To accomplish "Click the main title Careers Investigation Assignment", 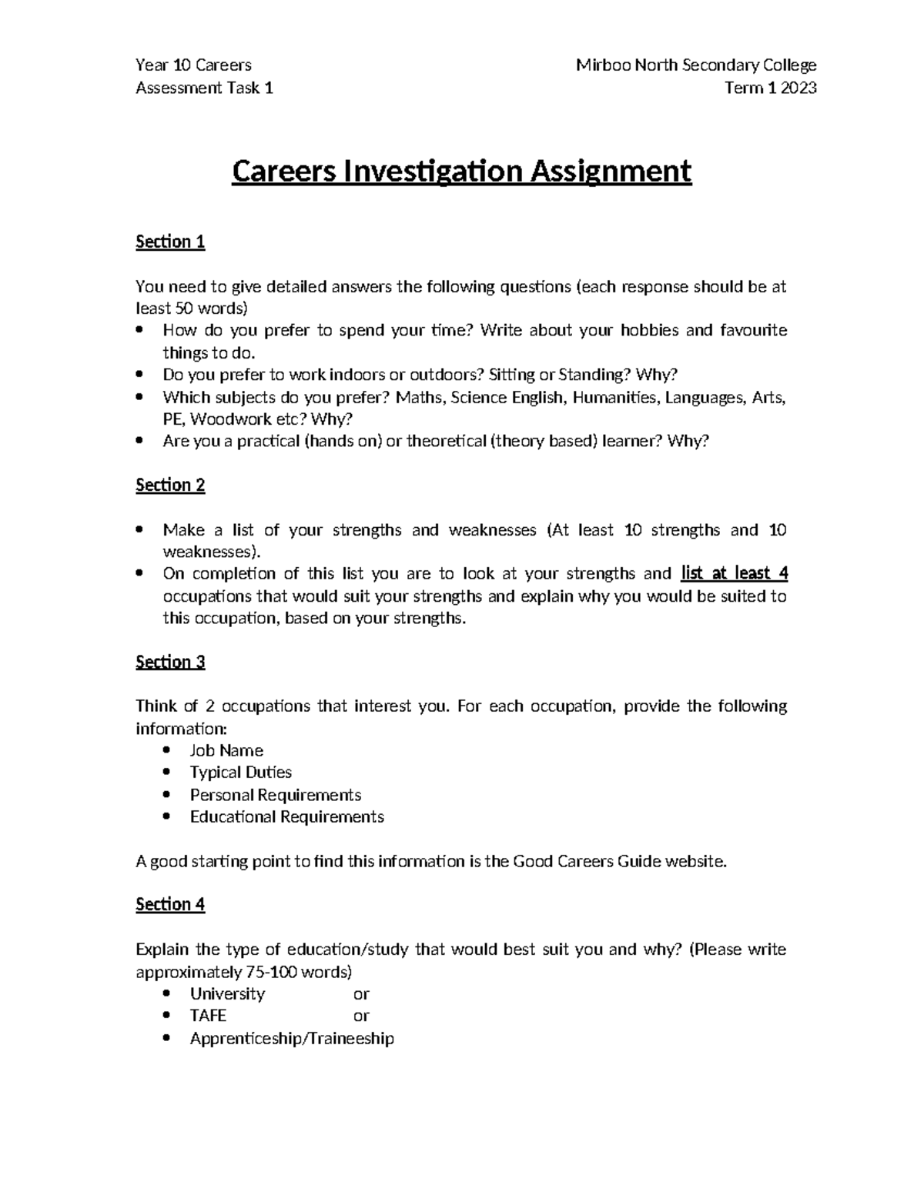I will point(461,171).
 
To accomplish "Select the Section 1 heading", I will point(170,242).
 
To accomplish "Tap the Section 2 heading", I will point(170,485).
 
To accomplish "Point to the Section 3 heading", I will point(170,662).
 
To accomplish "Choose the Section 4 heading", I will point(170,904).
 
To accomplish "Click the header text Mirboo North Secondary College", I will point(696,65).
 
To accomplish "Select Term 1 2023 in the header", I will point(770,88).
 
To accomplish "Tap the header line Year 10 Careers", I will point(193,65).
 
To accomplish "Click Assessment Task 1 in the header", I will point(204,88).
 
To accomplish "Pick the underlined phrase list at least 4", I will point(734,573).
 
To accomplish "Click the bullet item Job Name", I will point(226,750).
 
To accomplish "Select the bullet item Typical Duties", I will point(240,772).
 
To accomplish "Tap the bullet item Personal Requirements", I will point(275,794).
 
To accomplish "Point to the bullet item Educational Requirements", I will point(286,816).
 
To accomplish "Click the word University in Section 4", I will point(227,993).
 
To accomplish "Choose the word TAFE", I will point(208,1016).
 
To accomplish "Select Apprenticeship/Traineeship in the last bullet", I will point(292,1038).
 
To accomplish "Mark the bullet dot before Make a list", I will point(139,530).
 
